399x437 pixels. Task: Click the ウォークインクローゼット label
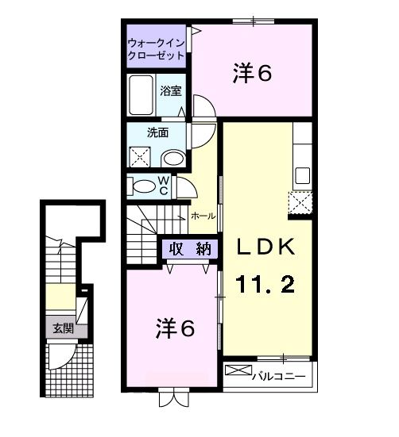click(157, 49)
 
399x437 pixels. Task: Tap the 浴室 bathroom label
click(171, 90)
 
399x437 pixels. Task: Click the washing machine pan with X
click(141, 157)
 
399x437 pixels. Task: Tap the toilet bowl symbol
click(145, 186)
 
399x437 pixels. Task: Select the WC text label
click(162, 186)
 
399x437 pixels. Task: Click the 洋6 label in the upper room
click(254, 73)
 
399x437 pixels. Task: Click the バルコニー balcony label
click(278, 375)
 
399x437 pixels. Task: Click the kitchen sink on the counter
click(303, 174)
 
